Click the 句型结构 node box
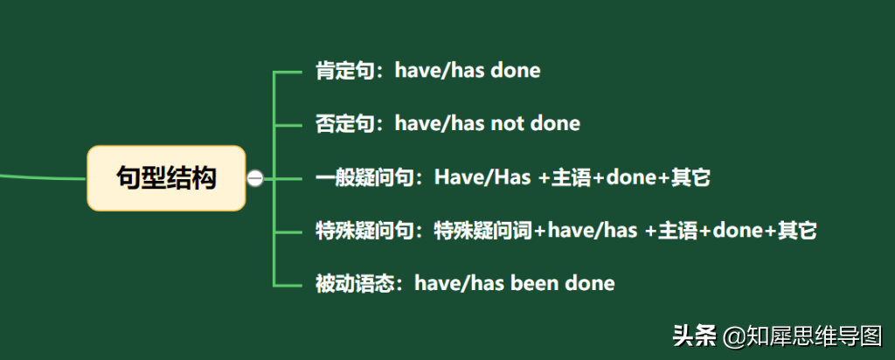click(166, 178)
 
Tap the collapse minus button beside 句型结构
click(255, 178)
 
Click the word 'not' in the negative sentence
click(506, 123)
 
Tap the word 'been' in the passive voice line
click(535, 284)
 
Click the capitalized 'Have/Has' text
click(482, 177)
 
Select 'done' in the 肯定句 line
click(516, 71)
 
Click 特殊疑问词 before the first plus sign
click(482, 231)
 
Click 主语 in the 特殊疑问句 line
click(678, 231)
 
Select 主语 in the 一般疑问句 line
click(572, 177)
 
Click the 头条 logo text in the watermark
click(693, 336)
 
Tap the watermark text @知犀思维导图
click(802, 336)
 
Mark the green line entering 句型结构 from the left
click(44, 177)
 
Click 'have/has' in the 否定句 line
click(439, 123)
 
